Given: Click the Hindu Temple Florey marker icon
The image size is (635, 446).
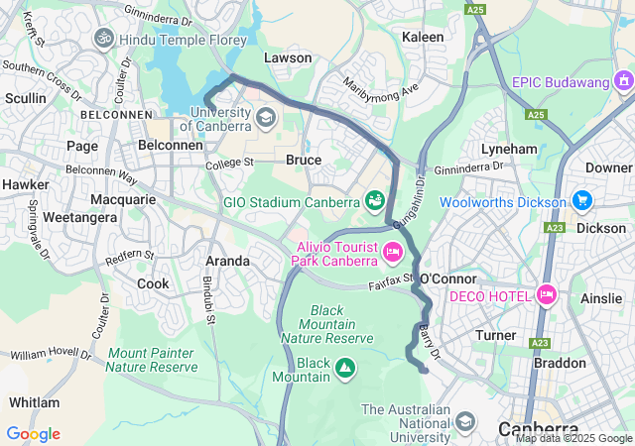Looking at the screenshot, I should point(104,39).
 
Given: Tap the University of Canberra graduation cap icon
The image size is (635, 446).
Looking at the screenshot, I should point(265,118).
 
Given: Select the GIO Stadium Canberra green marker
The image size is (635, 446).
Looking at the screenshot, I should point(375,201).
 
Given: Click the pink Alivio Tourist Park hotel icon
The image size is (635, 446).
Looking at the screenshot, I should point(393,254).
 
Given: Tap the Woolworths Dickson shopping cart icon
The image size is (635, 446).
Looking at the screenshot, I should point(581,201).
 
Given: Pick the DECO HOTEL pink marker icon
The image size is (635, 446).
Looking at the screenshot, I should point(546,295).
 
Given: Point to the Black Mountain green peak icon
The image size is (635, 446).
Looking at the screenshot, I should point(344,370).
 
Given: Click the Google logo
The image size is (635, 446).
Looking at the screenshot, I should point(33,433).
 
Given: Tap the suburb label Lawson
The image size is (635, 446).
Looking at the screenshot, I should point(288,57).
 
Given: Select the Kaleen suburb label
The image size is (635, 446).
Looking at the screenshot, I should point(423,36).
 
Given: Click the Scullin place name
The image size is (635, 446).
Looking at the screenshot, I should point(25,98).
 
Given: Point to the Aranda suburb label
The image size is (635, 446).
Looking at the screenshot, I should point(227,261).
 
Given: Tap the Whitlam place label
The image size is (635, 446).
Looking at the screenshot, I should point(34,402).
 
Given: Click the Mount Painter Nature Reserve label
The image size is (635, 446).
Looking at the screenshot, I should point(153,360).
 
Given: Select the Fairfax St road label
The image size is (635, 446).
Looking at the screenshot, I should point(390,283).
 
